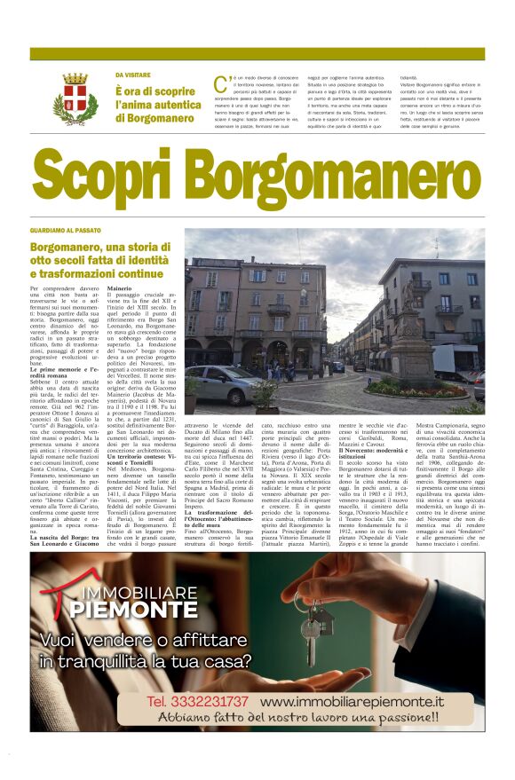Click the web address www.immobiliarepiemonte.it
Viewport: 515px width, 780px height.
tap(351, 701)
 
